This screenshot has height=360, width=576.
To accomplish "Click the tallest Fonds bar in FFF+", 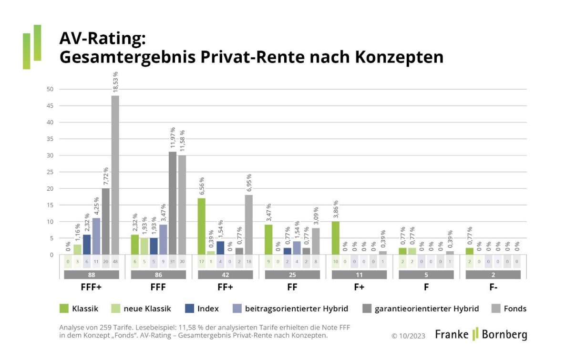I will [x=115, y=175].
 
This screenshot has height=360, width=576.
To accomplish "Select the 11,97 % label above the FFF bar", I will [x=173, y=138].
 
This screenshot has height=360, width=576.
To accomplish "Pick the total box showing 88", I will [x=92, y=275].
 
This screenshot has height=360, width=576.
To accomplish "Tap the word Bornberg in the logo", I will [x=504, y=334].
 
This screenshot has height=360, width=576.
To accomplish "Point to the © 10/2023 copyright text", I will [x=408, y=335].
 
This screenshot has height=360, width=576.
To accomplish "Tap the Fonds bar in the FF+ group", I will [x=248, y=225].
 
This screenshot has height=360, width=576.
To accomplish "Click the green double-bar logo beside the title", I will [x=32, y=47].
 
